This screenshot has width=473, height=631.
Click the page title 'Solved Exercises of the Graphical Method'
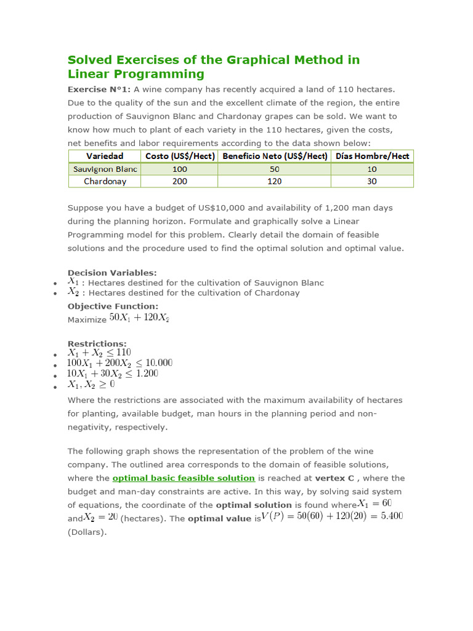pyautogui.click(x=213, y=60)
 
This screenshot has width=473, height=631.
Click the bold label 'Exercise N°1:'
pyautogui.click(x=99, y=89)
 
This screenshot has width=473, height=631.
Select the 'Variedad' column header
pyautogui.click(x=104, y=157)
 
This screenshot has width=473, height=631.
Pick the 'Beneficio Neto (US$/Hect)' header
pyautogui.click(x=274, y=157)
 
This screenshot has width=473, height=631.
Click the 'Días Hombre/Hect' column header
pyautogui.click(x=372, y=157)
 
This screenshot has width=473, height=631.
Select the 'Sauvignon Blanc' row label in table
pyautogui.click(x=105, y=169)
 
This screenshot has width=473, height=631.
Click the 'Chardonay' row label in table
pyautogui.click(x=105, y=181)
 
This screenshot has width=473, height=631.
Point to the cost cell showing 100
pyautogui.click(x=179, y=169)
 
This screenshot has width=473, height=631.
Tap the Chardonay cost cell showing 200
pyautogui.click(x=179, y=181)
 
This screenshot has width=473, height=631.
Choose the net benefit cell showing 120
pyautogui.click(x=274, y=181)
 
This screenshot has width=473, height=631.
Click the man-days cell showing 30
pyautogui.click(x=372, y=181)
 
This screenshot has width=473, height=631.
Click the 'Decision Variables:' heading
pyautogui.click(x=112, y=272)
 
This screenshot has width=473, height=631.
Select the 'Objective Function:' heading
pyautogui.click(x=113, y=306)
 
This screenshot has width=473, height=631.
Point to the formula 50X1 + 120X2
pyautogui.click(x=139, y=318)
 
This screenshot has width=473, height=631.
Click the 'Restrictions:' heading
pyautogui.click(x=97, y=343)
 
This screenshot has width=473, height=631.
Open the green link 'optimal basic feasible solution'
pyautogui.click(x=184, y=478)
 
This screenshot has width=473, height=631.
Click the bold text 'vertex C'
pyautogui.click(x=337, y=478)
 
